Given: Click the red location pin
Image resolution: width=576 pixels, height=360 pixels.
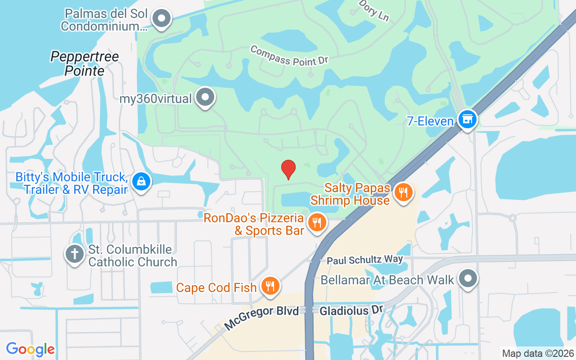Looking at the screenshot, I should coord(288,169).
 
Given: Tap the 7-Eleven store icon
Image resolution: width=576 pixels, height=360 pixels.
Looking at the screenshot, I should coord(468,119).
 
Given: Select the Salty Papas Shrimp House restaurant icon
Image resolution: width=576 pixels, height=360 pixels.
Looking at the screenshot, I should coord(403,193).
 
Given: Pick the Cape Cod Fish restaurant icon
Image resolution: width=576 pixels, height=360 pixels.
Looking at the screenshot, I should coord(270,286).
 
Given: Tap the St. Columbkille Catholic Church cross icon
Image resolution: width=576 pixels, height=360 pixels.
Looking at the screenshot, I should coord(75,254).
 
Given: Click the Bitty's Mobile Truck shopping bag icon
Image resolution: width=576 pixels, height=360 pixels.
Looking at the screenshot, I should coord(142,182).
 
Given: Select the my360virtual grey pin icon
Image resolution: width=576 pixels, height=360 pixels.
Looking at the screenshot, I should coord(206,97).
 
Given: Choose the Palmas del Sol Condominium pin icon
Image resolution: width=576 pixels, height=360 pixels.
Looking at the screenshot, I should coord(162,19).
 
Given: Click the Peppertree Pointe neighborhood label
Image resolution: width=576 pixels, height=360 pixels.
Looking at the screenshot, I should coord(85,63).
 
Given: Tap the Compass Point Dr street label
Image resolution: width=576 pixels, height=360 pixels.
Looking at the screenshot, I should coord(289,56).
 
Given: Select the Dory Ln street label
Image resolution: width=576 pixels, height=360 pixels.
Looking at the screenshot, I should coord(374,10).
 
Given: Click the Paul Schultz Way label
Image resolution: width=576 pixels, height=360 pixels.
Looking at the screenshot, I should coord(364,260).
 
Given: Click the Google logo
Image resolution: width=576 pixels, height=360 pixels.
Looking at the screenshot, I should coord(31,349).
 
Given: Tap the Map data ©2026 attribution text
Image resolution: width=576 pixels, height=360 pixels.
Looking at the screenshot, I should coord(538,353).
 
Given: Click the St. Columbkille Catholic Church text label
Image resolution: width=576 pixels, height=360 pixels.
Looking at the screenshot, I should coord(133,256).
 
